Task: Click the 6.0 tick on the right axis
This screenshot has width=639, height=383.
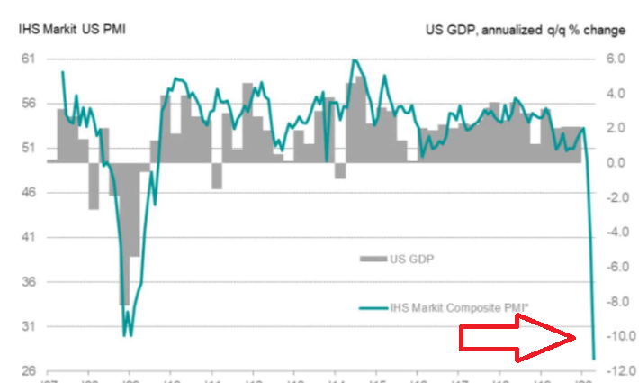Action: [x=614, y=59]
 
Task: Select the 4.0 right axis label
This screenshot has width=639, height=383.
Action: [x=614, y=94]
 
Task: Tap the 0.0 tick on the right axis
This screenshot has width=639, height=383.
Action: [x=614, y=163]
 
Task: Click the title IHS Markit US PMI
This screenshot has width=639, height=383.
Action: [x=72, y=29]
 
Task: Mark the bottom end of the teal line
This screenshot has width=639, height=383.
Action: [x=595, y=359]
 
